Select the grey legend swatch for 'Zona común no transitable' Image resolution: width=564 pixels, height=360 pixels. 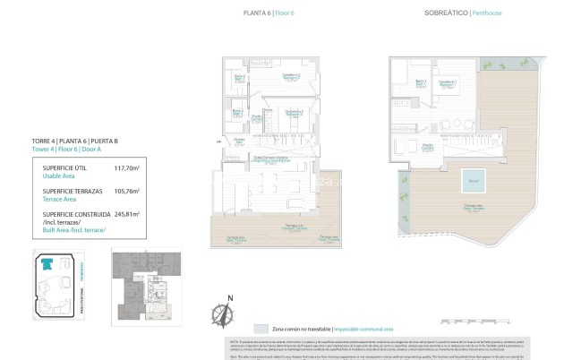[x=261, y=329]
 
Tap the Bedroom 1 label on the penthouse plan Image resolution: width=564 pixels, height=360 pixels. [x=449, y=84]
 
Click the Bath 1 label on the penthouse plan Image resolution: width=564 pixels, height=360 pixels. [x=422, y=84]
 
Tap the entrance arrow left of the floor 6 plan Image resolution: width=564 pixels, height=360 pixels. [x=218, y=141]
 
